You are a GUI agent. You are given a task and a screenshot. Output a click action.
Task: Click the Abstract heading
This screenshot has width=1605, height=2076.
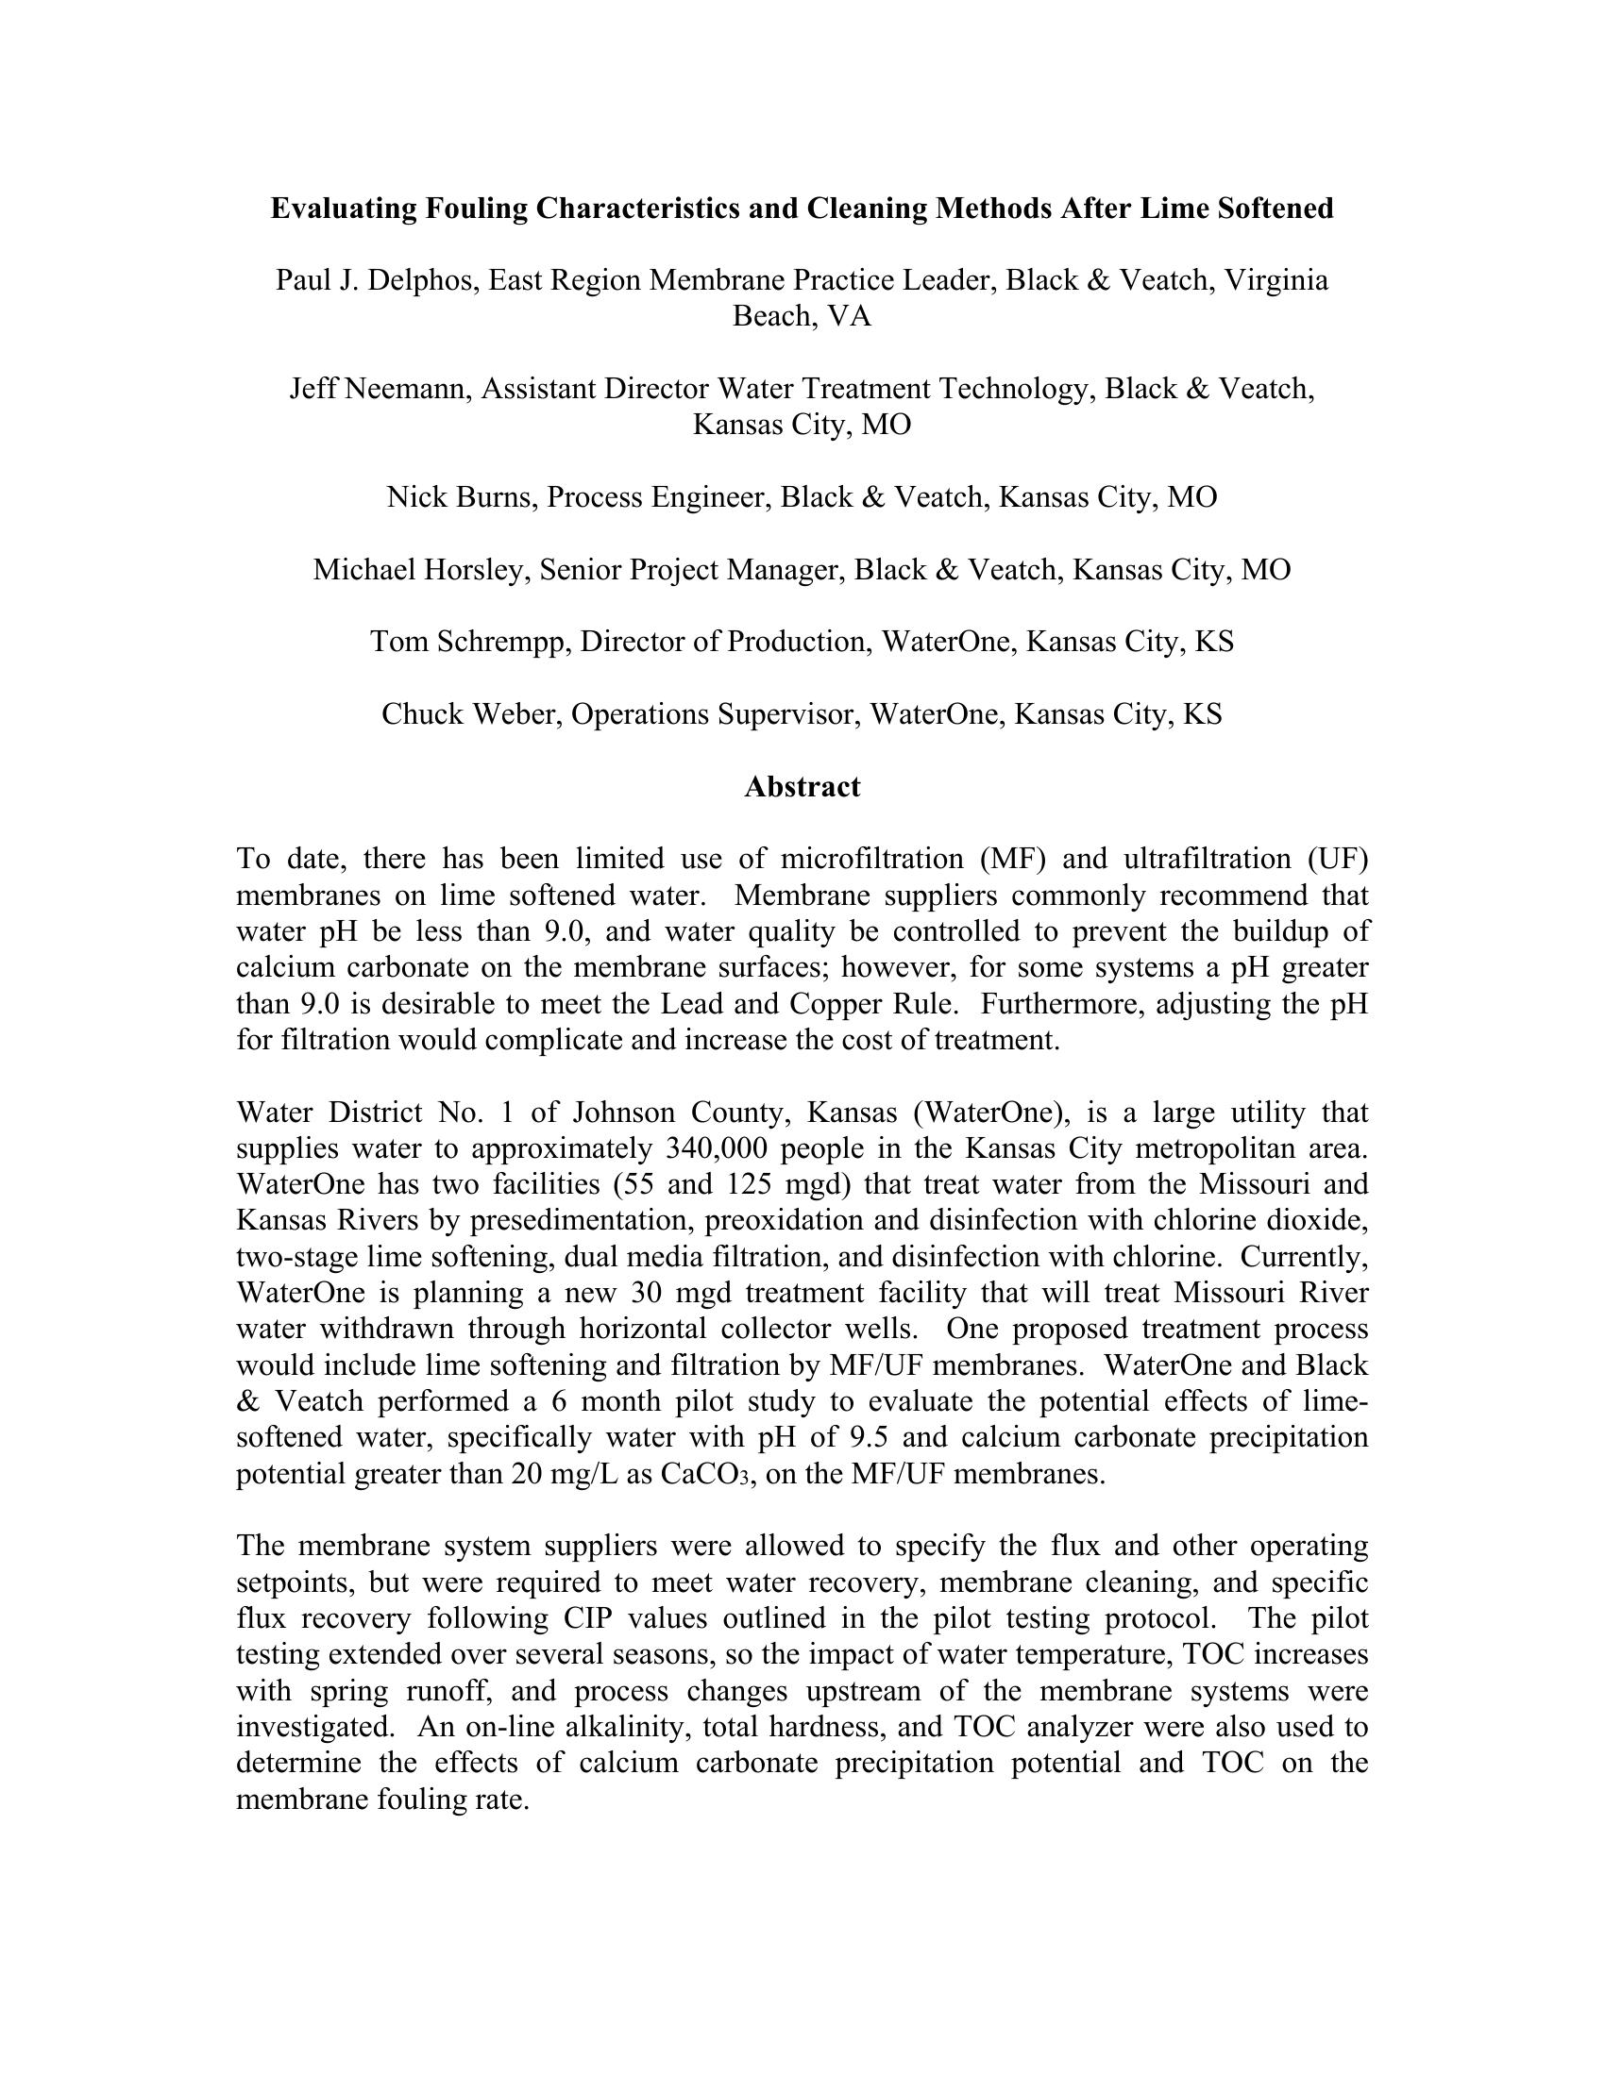tap(802, 787)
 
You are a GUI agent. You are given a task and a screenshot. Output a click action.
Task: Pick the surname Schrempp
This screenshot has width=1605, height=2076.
tap(499, 642)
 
